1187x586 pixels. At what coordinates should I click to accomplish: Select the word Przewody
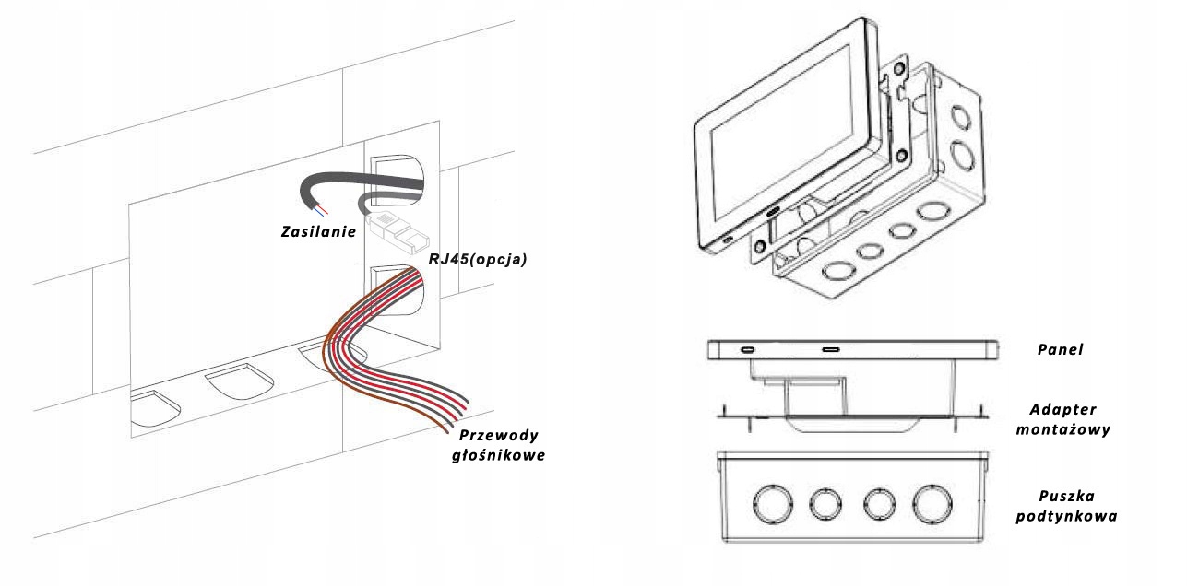500,435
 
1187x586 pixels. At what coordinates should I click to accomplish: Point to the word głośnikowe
500,454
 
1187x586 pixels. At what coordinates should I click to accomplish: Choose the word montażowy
1066,429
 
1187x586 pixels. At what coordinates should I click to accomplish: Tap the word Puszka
1066,497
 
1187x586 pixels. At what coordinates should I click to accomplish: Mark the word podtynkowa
1066,516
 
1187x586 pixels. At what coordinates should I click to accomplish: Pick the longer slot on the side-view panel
830,350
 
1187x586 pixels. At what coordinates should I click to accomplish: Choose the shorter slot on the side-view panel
747,350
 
